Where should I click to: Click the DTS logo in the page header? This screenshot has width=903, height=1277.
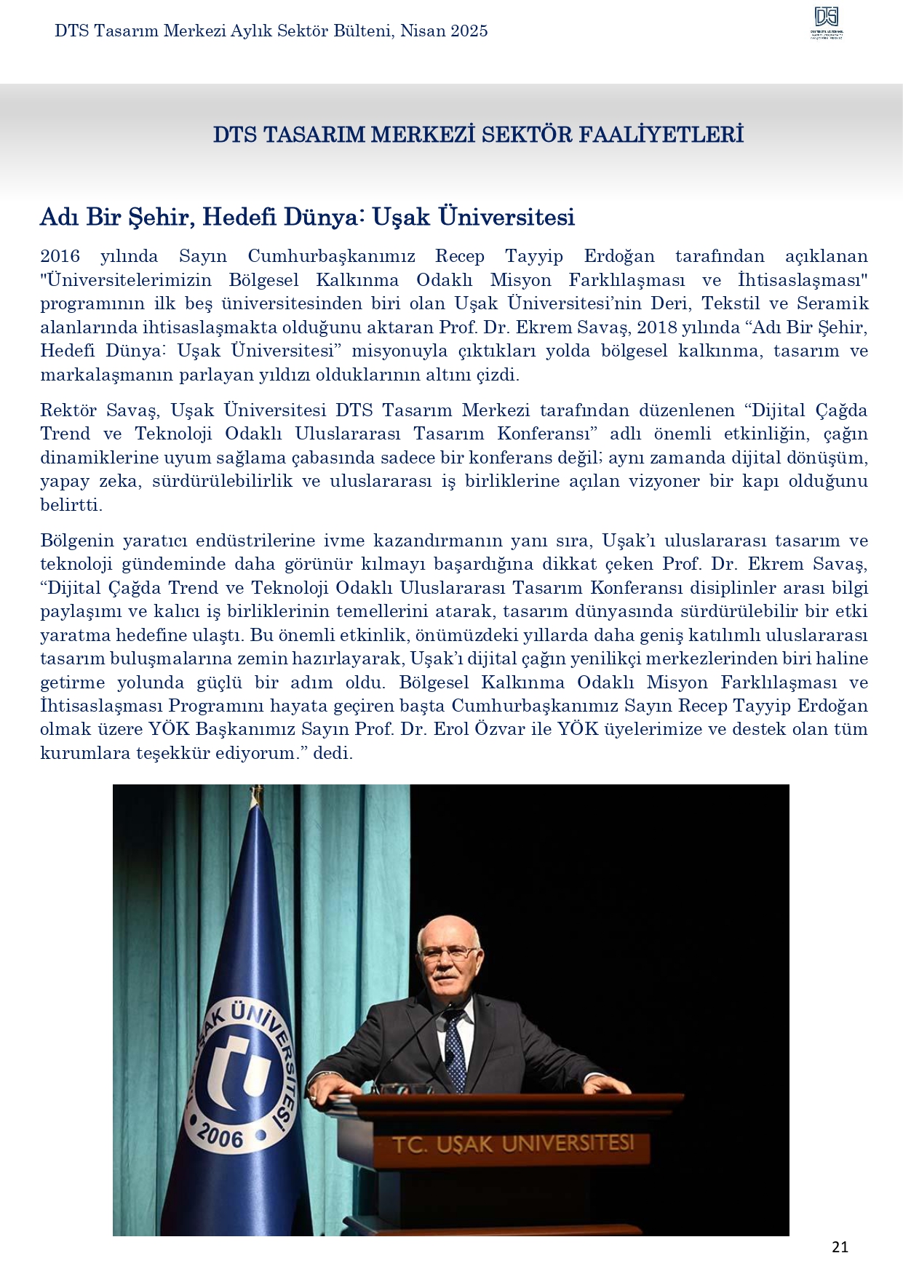coord(827,22)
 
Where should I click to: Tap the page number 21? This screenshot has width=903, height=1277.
coord(840,1246)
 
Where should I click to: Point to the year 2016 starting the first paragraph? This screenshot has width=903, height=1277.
coord(60,256)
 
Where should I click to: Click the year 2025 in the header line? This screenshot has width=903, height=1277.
coord(469,31)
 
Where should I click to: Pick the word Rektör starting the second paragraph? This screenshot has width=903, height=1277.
coord(68,410)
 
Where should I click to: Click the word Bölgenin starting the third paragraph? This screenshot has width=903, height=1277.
coord(77,541)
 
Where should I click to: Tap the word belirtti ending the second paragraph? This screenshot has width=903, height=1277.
coord(71,505)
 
